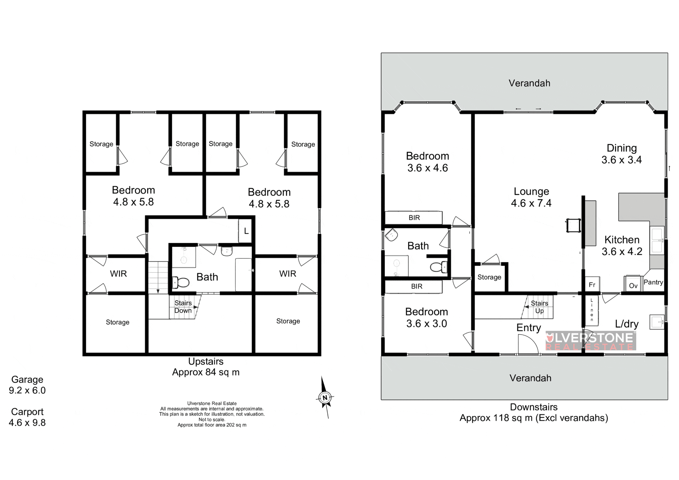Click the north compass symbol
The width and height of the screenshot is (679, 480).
click(325, 397)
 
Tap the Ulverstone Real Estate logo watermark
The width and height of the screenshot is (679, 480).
click(591, 341)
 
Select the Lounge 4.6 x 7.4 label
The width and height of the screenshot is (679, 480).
click(531, 197)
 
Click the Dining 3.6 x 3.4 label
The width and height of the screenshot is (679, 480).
click(621, 154)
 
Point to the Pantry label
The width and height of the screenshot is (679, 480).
click(653, 282)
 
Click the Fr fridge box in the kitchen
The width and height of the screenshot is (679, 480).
click(592, 284)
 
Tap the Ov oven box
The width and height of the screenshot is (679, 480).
click(633, 284)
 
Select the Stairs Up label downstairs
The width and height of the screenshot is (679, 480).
click(539, 307)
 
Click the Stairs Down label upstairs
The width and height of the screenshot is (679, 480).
click(183, 307)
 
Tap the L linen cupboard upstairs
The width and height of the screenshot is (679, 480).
click(245, 231)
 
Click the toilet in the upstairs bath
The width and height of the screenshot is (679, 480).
click(181, 282)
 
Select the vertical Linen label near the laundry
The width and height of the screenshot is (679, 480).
click(592, 310)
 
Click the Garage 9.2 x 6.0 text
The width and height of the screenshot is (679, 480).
click(27, 385)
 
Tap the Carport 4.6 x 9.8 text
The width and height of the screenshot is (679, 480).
click(27, 417)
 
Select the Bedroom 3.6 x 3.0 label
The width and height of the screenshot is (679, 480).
click(426, 317)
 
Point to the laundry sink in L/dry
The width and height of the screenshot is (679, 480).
click(657, 322)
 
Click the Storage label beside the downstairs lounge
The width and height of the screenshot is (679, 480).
click(489, 277)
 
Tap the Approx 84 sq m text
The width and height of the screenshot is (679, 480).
click(206, 372)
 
